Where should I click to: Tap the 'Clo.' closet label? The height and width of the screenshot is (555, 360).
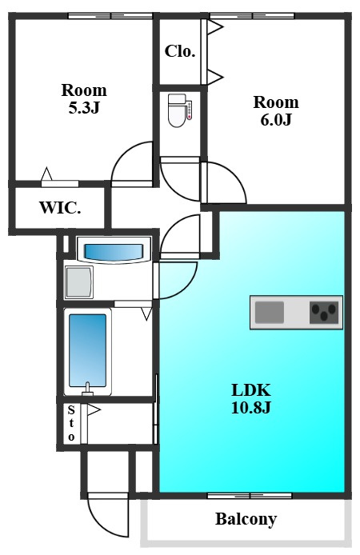tap(180, 51)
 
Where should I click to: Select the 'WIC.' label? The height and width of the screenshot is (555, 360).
tap(60, 207)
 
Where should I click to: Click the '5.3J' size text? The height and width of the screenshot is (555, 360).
tap(84, 107)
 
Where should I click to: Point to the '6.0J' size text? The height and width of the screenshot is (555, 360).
tap(276, 119)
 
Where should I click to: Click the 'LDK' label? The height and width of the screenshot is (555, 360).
tap(251, 390)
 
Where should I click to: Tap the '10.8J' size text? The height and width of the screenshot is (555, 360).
tap(251, 407)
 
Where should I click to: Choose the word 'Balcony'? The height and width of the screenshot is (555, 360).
tap(246, 519)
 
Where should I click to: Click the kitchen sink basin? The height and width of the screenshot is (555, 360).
tap(270, 312)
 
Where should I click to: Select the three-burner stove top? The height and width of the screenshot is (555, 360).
tap(324, 313)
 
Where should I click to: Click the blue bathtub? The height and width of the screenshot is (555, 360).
tap(87, 350)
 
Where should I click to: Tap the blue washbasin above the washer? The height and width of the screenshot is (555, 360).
tap(114, 252)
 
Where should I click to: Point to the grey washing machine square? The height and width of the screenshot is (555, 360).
tap(79, 282)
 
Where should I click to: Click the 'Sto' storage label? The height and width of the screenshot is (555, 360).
tap(71, 424)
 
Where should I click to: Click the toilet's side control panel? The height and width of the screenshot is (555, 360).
tap(190, 110)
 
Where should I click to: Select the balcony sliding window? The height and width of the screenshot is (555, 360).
tap(250, 496)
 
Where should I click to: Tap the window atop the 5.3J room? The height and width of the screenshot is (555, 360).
tap(110, 16)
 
